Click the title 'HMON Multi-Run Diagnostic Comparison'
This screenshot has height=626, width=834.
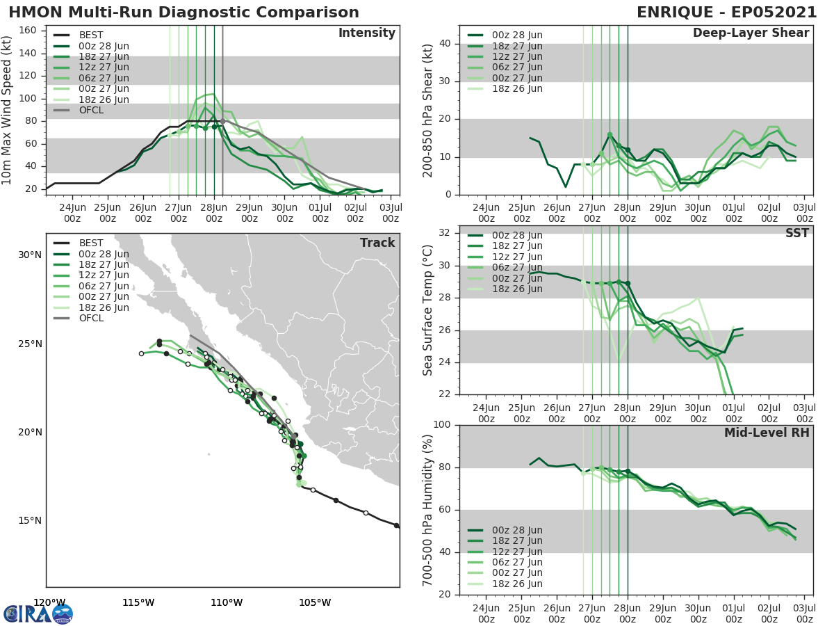click(183, 13)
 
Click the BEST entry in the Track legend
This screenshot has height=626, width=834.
click(91, 243)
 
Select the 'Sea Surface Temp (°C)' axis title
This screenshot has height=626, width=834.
click(427, 310)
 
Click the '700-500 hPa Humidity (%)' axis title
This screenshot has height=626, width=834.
click(427, 509)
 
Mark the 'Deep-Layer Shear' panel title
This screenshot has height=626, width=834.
click(751, 33)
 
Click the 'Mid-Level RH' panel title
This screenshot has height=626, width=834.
click(766, 433)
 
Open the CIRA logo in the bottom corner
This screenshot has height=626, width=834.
click(38, 613)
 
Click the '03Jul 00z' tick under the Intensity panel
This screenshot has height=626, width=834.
click(391, 213)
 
